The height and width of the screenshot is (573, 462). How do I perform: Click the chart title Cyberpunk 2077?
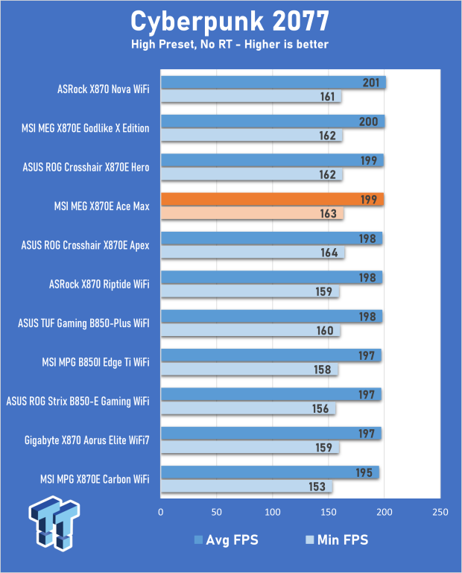[x=230, y=19]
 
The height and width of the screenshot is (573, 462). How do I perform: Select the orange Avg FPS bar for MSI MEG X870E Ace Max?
[x=272, y=199]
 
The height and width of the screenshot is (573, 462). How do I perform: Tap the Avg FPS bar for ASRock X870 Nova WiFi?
[x=273, y=82]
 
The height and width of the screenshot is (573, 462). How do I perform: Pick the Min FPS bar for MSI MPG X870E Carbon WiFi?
[x=247, y=487]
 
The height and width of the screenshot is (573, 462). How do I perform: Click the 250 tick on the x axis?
[x=440, y=513]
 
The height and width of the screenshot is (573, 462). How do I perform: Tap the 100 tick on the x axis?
[x=273, y=513]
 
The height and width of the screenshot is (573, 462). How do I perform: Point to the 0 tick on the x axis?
[x=161, y=513]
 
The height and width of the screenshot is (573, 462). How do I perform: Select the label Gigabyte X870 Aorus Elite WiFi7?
[x=86, y=440]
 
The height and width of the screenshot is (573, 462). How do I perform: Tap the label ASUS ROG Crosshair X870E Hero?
[x=86, y=168]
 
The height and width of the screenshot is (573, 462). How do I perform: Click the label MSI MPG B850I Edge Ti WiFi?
[x=96, y=362]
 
